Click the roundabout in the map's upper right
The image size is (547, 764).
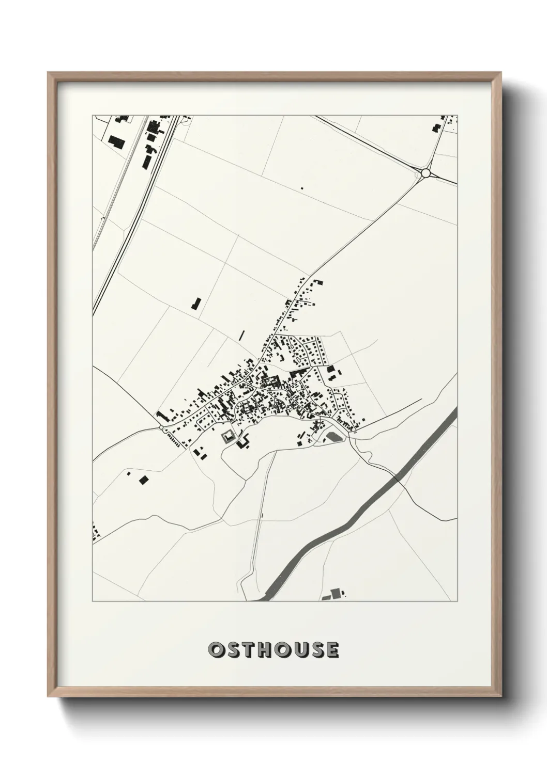[x=426, y=173]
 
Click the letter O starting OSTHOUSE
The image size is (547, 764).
[x=216, y=650]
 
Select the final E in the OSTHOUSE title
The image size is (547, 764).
[x=332, y=650]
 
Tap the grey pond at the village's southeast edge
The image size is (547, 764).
[x=333, y=438]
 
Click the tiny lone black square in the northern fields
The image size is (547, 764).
[x=302, y=188]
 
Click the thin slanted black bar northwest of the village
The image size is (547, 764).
[x=241, y=335]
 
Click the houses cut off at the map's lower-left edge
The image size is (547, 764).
[x=95, y=532]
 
